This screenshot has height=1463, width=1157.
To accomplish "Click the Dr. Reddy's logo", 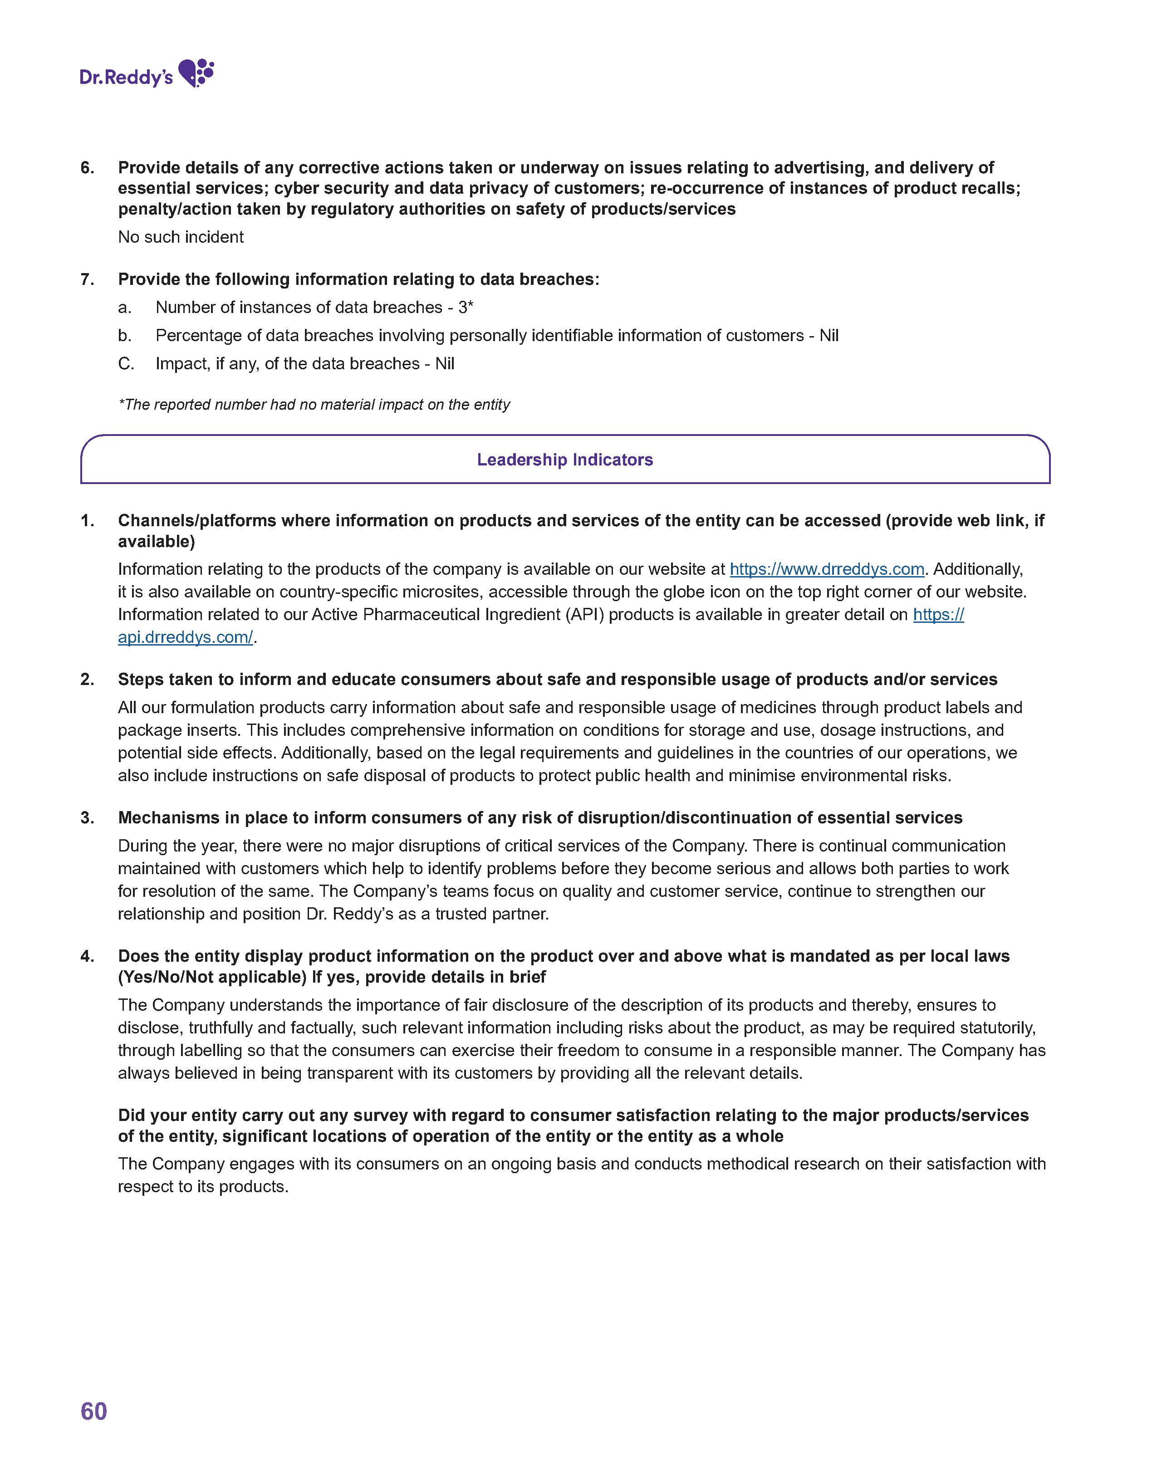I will click(146, 74).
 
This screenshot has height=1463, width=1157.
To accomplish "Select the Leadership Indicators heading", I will click(564, 460).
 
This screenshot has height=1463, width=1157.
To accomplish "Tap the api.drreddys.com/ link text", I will click(185, 637).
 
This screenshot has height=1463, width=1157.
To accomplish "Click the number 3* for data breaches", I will click(466, 308).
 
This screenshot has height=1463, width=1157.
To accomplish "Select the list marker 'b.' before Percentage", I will click(125, 336).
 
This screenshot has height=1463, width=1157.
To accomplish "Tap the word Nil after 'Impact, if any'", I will click(444, 364).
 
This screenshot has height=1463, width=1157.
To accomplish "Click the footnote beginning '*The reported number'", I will click(314, 405).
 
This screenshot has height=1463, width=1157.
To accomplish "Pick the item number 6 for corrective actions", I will click(87, 167).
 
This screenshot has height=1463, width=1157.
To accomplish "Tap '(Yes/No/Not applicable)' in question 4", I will click(211, 977).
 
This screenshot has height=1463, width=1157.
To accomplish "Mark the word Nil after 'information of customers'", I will click(829, 336).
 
